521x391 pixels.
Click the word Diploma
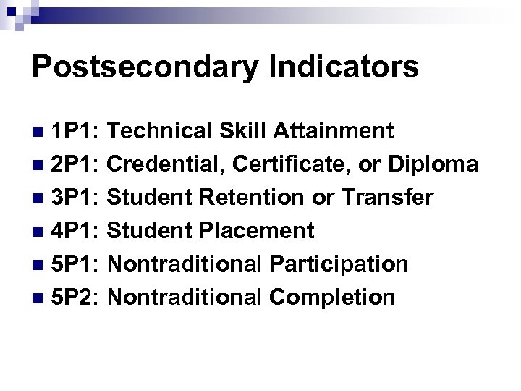point(433,165)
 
